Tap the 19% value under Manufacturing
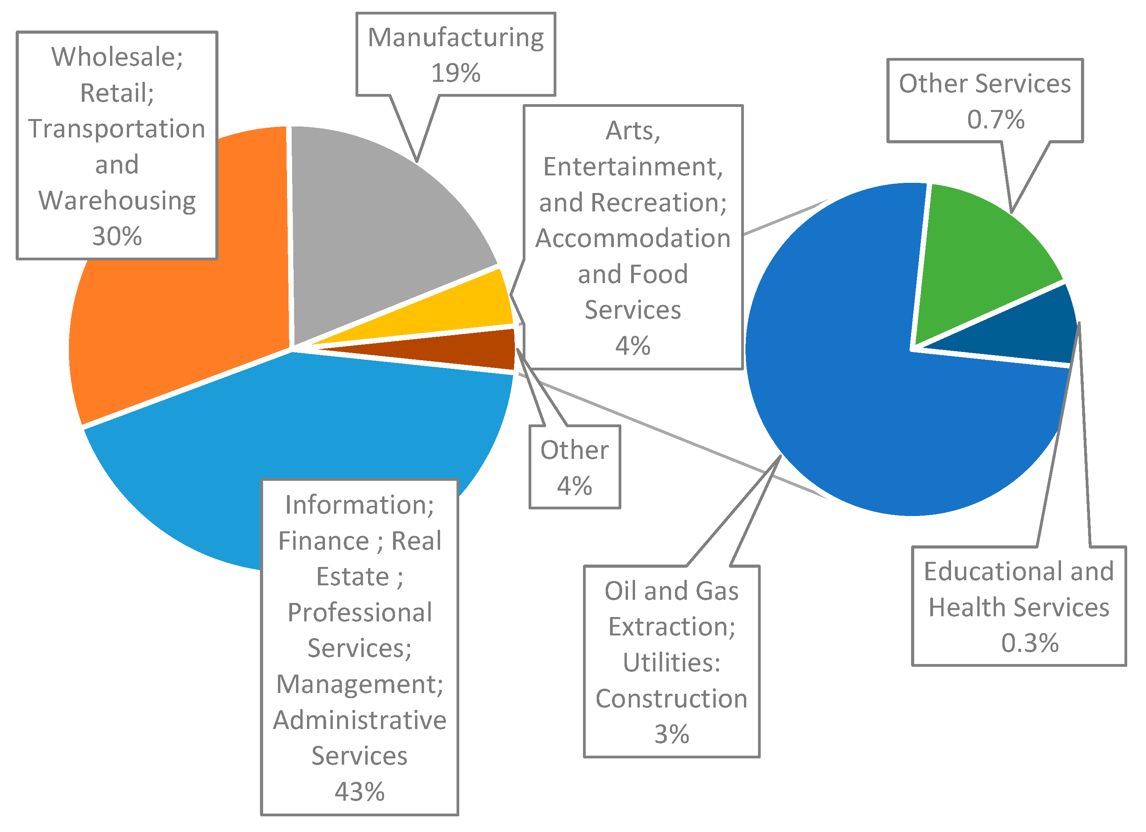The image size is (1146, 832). click(455, 73)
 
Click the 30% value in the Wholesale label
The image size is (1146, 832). click(117, 236)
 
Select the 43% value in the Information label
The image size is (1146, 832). click(359, 792)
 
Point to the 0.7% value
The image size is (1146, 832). click(995, 120)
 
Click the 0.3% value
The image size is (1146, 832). click(1030, 643)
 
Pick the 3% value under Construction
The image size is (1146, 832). click(671, 734)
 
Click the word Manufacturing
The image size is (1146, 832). click(455, 38)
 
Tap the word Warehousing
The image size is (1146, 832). click(117, 200)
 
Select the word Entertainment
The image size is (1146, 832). click(633, 167)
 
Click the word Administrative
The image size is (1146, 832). click(359, 720)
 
